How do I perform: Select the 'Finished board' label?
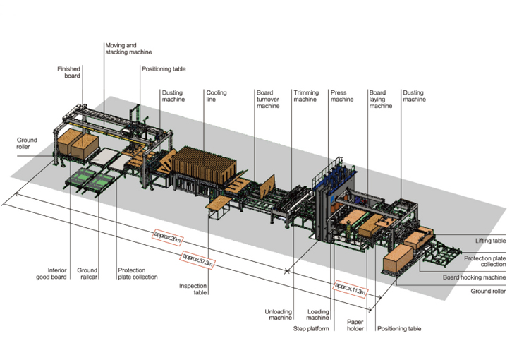pyautogui.click(x=71, y=73)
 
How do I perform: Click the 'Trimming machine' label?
pyautogui.click(x=305, y=96)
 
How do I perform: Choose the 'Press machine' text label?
pyautogui.click(x=342, y=96)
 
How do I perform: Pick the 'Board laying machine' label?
pyautogui.click(x=380, y=100)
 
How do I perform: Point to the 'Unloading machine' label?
pyautogui.click(x=278, y=314)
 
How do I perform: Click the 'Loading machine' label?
pyautogui.click(x=318, y=314)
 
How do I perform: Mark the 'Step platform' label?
pyautogui.click(x=312, y=328)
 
